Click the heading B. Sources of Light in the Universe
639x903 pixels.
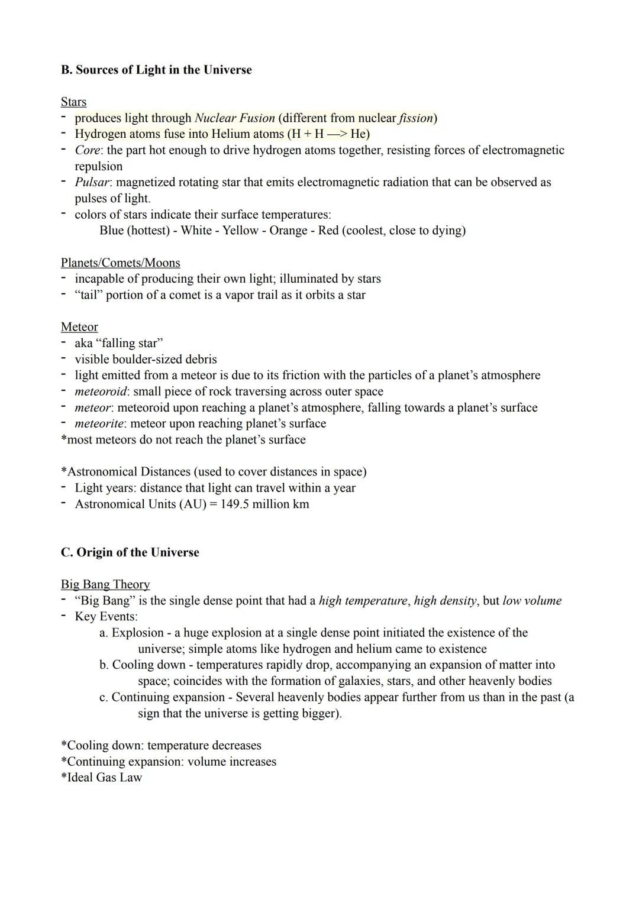point(156,70)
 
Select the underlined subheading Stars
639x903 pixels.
point(73,102)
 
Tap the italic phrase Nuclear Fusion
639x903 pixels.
point(235,118)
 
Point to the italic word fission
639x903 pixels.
point(416,118)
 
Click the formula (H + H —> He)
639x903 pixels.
point(328,134)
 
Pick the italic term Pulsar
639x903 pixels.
point(92,182)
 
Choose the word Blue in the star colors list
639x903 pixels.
point(111,230)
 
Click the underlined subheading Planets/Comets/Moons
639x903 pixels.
point(120,263)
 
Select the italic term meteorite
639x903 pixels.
point(99,423)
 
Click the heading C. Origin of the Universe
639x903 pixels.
point(130,552)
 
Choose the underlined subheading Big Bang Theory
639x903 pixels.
point(105,584)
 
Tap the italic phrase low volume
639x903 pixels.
point(532,601)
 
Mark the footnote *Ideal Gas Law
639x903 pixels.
point(102,777)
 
